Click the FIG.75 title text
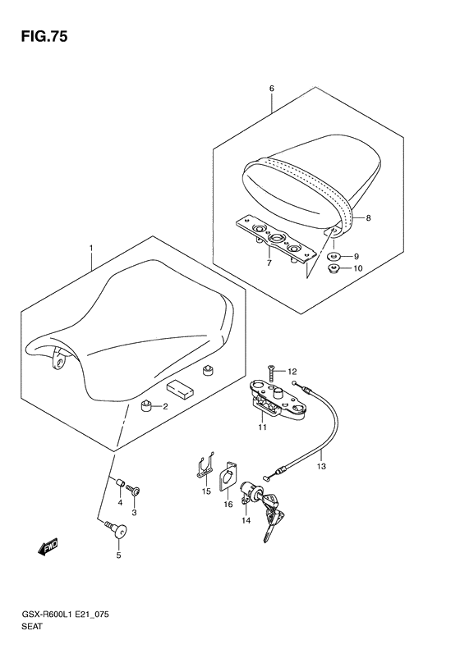click(44, 37)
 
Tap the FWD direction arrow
click(48, 546)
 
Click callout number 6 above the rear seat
click(271, 88)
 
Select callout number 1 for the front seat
click(91, 249)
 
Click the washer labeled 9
click(335, 256)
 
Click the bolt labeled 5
click(117, 530)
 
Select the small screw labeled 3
click(133, 491)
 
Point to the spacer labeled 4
click(120, 483)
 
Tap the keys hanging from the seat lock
click(271, 514)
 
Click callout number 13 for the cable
click(321, 467)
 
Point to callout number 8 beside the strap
click(368, 217)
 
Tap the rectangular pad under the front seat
click(180, 389)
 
